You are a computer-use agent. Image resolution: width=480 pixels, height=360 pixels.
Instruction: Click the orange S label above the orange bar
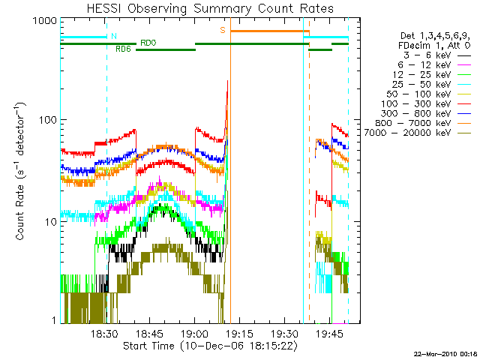click(222, 31)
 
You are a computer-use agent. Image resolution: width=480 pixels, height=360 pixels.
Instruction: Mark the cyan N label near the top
click(113, 35)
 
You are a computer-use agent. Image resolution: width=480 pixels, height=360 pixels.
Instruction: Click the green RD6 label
click(123, 49)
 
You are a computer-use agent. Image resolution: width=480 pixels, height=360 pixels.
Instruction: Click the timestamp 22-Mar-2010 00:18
click(445, 353)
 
